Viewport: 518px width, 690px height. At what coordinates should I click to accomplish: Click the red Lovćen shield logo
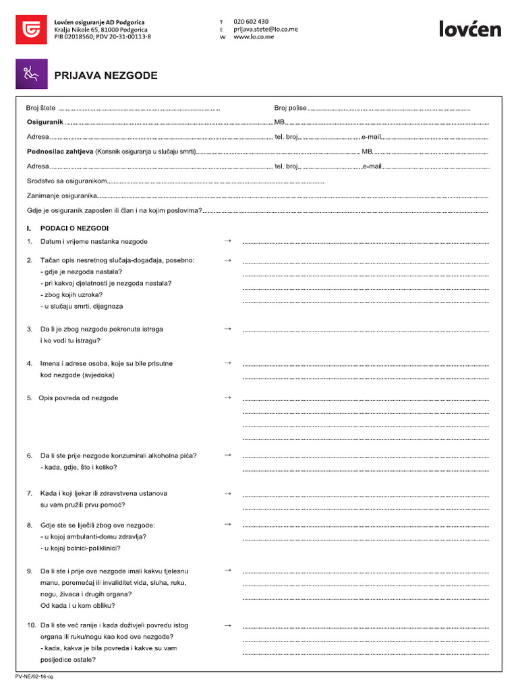pos(31,29)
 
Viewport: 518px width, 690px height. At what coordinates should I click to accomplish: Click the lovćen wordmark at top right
pos(470,29)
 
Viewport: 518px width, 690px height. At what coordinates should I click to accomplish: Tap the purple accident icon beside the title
pos(31,74)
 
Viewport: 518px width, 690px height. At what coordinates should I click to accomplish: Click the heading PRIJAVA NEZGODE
pos(106,75)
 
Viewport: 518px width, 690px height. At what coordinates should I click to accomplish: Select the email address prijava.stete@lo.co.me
pos(266,30)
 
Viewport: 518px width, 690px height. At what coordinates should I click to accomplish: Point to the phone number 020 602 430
pos(251,22)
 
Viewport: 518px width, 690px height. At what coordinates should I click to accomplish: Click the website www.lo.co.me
pos(254,38)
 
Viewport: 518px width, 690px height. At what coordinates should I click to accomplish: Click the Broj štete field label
pos(41,108)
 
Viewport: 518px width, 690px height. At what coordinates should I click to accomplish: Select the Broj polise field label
pos(290,108)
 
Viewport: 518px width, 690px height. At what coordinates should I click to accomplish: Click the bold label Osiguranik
pos(45,122)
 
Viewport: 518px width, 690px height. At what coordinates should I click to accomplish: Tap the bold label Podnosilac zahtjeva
pos(59,152)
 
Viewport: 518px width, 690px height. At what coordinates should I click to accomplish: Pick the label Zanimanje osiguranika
pos(61,196)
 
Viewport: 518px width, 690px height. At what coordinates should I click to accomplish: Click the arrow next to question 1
pos(227,241)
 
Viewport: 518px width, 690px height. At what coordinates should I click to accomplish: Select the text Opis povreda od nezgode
pos(78,398)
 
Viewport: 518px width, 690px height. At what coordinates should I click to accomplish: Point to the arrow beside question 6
pos(227,455)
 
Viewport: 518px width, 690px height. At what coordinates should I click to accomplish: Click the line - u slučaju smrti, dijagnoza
pos(82,306)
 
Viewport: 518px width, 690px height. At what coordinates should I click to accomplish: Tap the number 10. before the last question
pos(32,625)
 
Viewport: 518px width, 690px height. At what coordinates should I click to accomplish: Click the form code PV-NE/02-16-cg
pos(34,676)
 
